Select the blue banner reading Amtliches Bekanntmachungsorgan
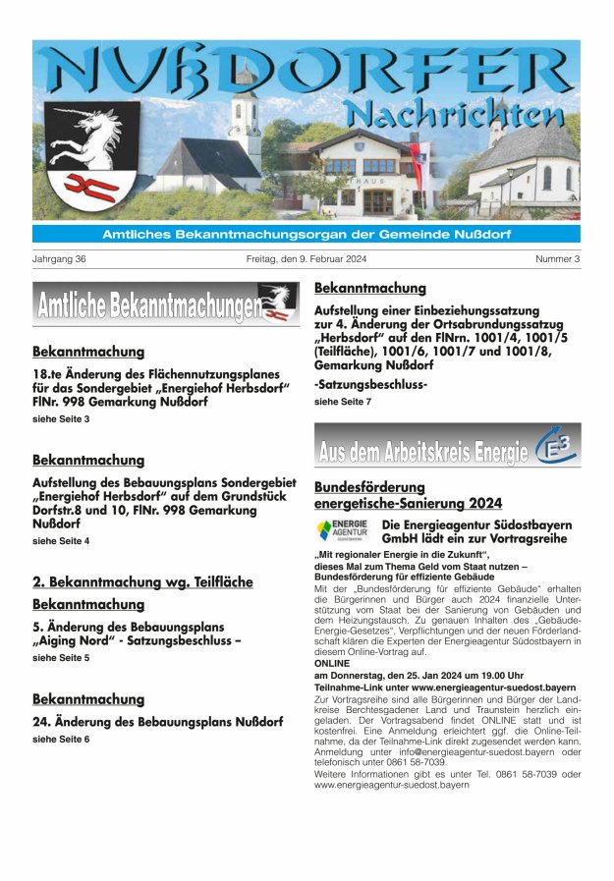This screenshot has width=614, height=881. [x=306, y=234]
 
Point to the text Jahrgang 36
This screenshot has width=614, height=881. [x=60, y=259]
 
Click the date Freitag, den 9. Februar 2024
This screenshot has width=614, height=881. [x=306, y=259]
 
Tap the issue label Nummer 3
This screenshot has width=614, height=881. [x=557, y=259]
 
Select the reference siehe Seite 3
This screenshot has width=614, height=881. [x=61, y=419]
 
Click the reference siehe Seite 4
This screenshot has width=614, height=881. [x=61, y=541]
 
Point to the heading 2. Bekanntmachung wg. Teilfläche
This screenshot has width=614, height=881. [x=142, y=582]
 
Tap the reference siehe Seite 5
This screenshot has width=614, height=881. [x=61, y=658]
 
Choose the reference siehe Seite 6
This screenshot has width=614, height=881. [x=61, y=739]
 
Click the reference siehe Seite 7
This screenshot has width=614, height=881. [x=343, y=402]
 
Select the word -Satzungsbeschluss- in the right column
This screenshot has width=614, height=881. [x=370, y=384]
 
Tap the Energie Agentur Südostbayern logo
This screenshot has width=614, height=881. [x=343, y=530]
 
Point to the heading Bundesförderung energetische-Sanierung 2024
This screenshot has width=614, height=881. [x=407, y=495]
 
